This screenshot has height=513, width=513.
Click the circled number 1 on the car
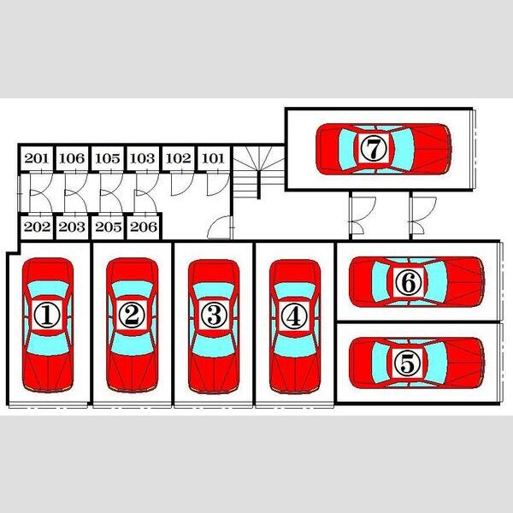coord(47,315)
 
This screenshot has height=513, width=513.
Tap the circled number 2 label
coord(132,315)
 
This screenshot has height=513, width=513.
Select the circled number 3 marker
coord(214,315)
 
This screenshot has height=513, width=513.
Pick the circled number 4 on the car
coord(294,315)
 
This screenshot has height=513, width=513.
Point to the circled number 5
coord(407,363)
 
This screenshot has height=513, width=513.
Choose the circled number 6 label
coord(408,282)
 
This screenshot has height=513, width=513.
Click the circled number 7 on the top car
coord(374,148)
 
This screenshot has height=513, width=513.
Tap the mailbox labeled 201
coord(37,159)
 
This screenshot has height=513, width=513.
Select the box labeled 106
coord(72,159)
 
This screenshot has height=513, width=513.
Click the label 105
coord(108,159)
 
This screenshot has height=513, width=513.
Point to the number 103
coord(143,159)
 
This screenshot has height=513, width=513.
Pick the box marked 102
coord(179,159)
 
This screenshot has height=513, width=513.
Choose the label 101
coord(213,159)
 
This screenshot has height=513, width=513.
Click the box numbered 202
coord(37,227)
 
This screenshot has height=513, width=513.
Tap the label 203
coord(72,227)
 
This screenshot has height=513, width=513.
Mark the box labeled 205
coord(108,227)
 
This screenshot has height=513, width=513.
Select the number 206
coord(144,227)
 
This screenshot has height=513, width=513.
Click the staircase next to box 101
coord(258,172)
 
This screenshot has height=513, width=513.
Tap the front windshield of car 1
coord(48,345)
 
